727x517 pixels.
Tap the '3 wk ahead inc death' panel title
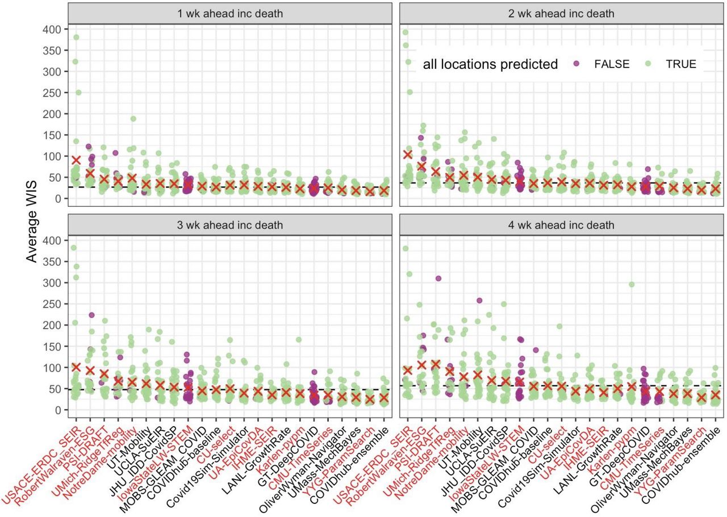click(x=230, y=225)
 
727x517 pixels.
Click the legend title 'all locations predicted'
click(x=490, y=64)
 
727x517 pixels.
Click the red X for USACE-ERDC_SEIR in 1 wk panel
click(x=76, y=160)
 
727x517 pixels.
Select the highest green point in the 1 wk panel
click(x=76, y=37)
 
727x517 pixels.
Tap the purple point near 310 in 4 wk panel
click(x=438, y=278)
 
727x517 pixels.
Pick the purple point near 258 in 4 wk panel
click(x=479, y=301)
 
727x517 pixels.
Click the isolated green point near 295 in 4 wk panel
click(x=631, y=285)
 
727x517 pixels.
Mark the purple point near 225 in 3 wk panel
click(x=91, y=315)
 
